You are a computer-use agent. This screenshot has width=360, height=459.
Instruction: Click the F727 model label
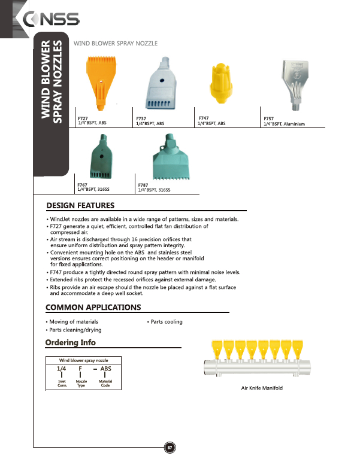pos(83,118)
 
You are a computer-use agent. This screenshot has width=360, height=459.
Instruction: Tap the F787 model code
pos(143,186)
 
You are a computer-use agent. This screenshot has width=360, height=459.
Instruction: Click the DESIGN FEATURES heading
pos(84,206)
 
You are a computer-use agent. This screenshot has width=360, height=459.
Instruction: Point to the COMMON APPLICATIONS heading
pos(93,308)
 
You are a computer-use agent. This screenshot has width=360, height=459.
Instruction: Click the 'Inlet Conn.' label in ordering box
pos(62,384)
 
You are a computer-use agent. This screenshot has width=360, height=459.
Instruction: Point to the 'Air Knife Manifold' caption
pos(261,388)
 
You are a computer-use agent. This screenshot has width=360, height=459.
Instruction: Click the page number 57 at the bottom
pos(170,447)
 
